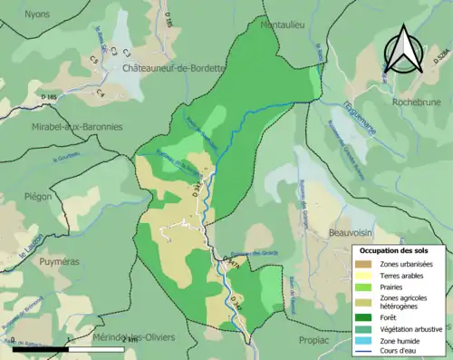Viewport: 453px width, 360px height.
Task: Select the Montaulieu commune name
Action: [282, 27]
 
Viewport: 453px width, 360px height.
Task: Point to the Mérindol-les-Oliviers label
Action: [134, 337]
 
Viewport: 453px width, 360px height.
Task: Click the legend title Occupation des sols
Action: [398, 250]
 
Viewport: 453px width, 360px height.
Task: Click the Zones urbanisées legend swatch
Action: [367, 264]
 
